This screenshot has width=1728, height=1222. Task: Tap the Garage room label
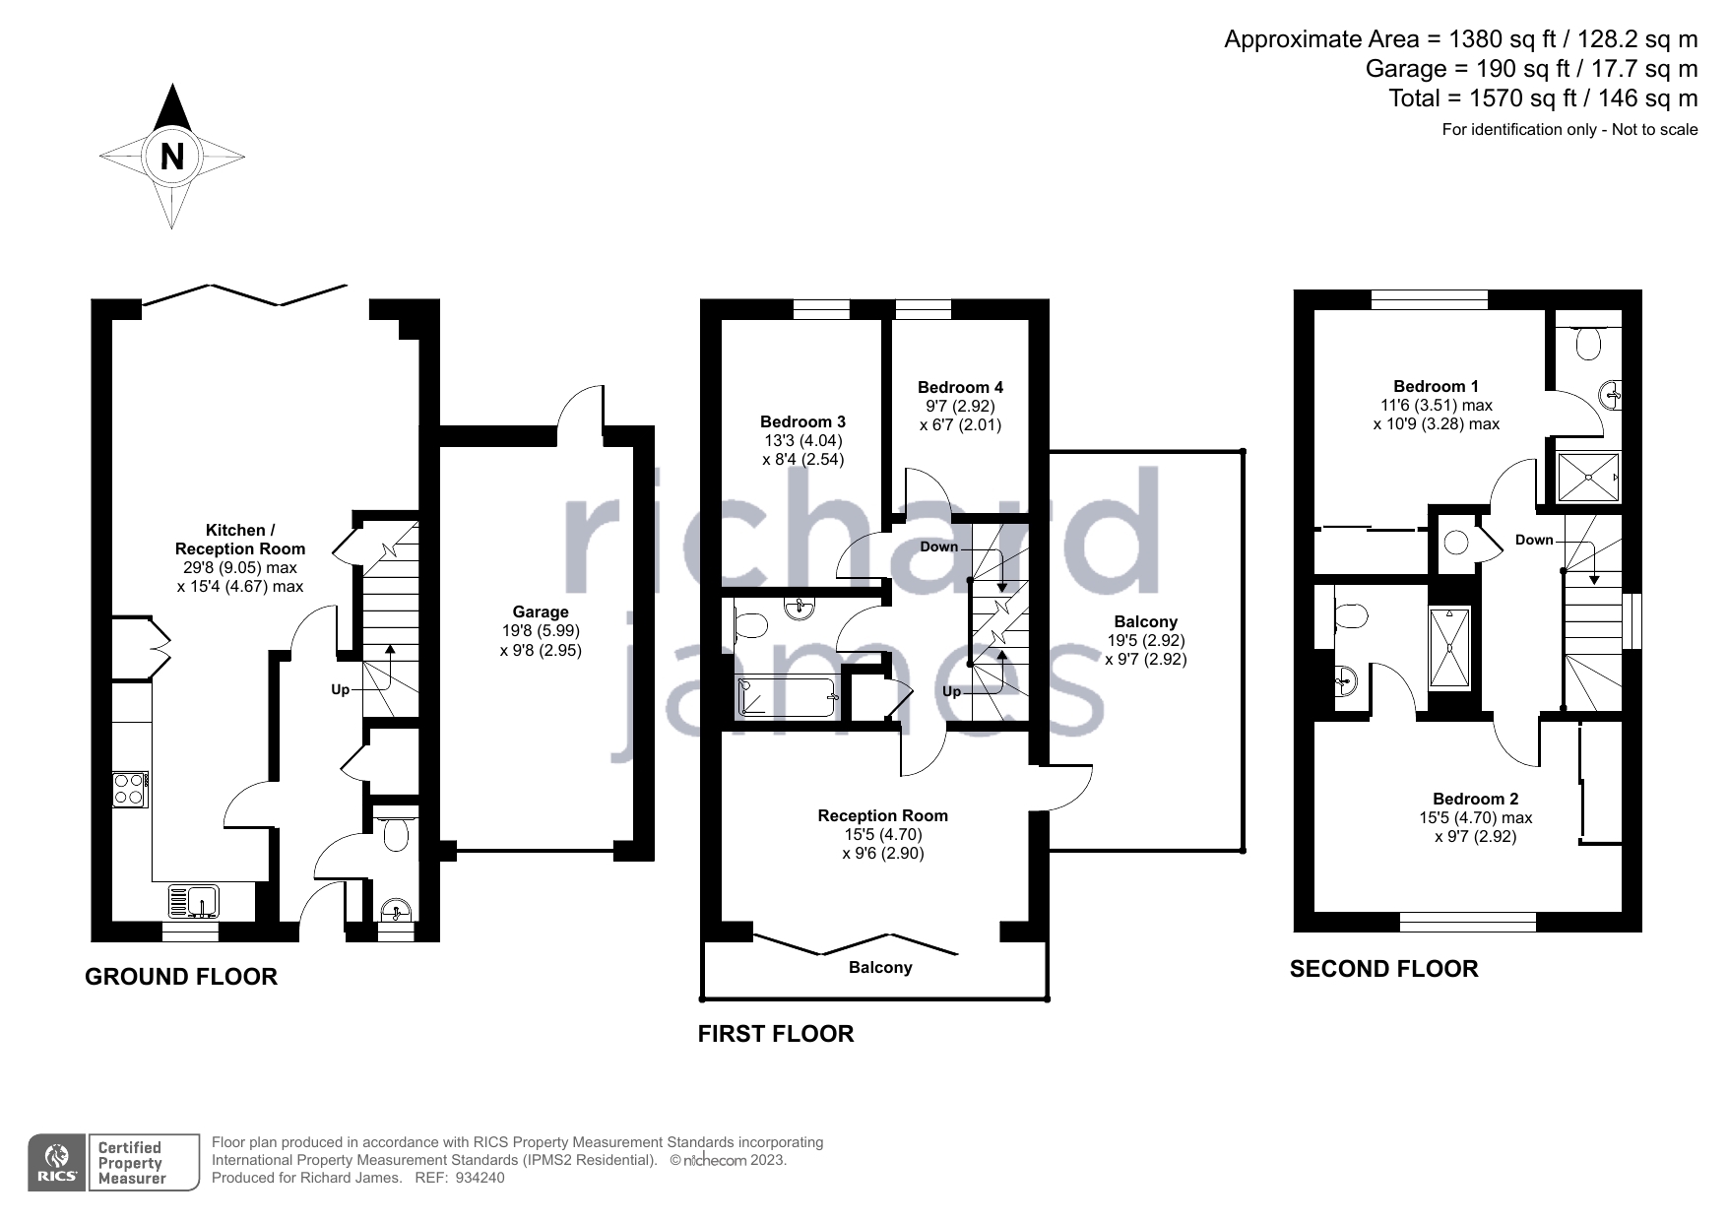541,612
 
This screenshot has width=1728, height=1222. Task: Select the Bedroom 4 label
960,387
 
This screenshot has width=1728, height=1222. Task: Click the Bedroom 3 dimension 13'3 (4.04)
802,441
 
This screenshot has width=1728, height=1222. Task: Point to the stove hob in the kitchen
130,790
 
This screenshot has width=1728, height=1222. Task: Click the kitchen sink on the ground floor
194,901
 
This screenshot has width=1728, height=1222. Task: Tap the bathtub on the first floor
787,696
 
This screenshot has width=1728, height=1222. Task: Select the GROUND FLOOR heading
181,977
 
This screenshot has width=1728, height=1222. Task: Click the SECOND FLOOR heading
1383,969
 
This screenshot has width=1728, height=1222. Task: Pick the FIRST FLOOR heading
776,1034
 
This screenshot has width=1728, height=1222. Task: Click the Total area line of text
1543,98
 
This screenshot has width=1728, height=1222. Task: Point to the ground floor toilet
395,833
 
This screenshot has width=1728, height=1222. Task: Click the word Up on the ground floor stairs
340,690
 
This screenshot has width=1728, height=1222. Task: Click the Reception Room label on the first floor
883,815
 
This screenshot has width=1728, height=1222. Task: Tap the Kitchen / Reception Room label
240,540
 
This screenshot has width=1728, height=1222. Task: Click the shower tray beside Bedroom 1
1588,478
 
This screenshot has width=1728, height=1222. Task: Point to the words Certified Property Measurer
130,1163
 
